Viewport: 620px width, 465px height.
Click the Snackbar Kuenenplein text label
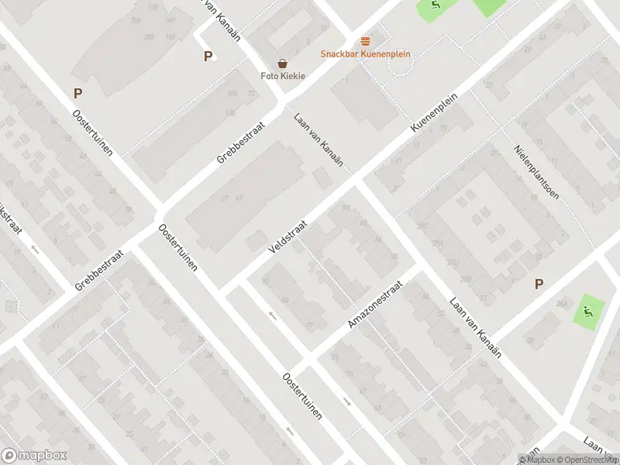tap(365, 54)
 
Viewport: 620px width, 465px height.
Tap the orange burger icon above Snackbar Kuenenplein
tap(365, 40)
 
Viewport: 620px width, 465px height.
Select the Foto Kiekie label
tap(282, 76)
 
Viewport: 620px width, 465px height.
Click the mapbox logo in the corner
tap(33, 456)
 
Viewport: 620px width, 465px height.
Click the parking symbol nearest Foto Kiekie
tap(207, 56)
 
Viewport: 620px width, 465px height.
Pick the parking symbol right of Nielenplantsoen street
tap(539, 284)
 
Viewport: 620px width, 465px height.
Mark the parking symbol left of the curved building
tap(77, 94)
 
